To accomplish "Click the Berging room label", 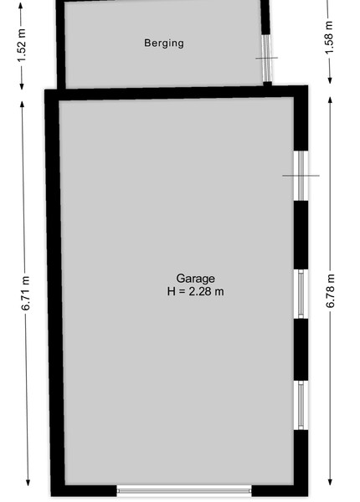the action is pos(164,44).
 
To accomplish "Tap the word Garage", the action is pos(195,279).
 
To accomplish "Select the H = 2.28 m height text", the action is pos(195,292).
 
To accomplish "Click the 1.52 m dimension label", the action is pos(22,45).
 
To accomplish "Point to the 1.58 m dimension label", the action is pos(330,38).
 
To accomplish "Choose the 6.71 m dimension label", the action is pos(26,294).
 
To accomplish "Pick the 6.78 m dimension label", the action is pos(330,291).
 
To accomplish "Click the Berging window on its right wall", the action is pos(267,59).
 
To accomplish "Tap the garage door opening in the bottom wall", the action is pos(184,490).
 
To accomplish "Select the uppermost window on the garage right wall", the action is pos(301,176).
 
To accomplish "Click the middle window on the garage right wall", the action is pos(301,294).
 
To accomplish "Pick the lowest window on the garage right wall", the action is pos(301,405).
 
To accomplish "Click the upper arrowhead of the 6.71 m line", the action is pos(22,105).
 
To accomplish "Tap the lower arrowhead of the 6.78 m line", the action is pos(330,482).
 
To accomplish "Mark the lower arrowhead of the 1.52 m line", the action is pos(22,86).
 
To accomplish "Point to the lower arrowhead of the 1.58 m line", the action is pos(330,80).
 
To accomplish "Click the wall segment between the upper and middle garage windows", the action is pos(301,235).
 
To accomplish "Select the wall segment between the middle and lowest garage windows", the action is pos(301,350).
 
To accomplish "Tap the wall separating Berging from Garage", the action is pos(176,93).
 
